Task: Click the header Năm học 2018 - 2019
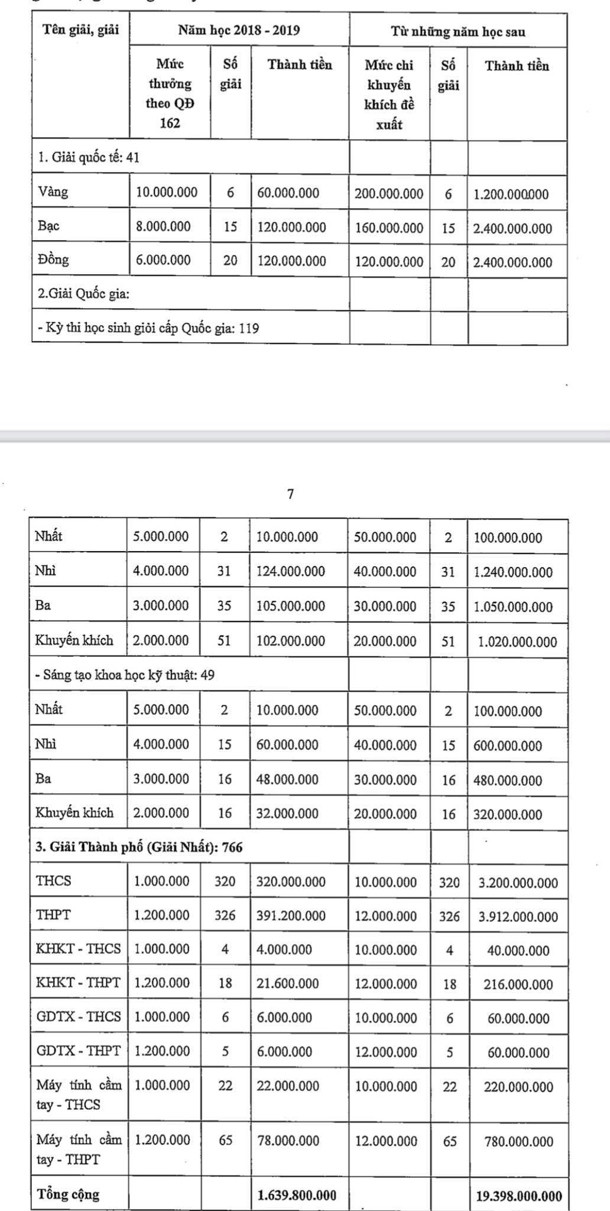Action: pyautogui.click(x=239, y=31)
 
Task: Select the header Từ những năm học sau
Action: pyautogui.click(x=458, y=32)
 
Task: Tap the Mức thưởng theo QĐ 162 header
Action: pyautogui.click(x=170, y=93)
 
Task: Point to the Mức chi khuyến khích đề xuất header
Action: pyautogui.click(x=389, y=95)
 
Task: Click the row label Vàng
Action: pyautogui.click(x=53, y=192)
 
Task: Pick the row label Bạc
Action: pyautogui.click(x=48, y=226)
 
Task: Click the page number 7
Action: pyautogui.click(x=290, y=494)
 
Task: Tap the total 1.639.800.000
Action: pyautogui.click(x=297, y=1195)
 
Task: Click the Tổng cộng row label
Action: pyautogui.click(x=68, y=1194)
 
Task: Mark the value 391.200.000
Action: pyautogui.click(x=291, y=916)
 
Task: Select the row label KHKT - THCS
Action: pyautogui.click(x=78, y=949)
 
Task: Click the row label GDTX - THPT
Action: pyautogui.click(x=78, y=1051)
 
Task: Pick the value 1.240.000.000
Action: pyautogui.click(x=513, y=572)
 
